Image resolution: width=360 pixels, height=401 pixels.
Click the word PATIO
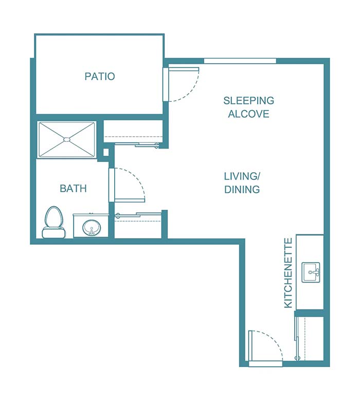99,77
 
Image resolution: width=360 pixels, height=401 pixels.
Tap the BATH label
73,189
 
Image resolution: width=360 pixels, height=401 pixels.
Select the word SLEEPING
248,101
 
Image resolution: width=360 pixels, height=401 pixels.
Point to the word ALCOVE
248,114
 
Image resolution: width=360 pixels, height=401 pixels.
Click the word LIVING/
241,176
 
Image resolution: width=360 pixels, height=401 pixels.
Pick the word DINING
241,190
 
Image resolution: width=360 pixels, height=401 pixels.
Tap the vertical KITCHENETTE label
288,272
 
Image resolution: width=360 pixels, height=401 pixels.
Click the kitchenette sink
311,272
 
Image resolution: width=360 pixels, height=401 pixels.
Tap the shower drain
66,139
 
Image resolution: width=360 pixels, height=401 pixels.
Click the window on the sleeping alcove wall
240,61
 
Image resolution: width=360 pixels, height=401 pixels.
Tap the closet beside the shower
133,132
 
